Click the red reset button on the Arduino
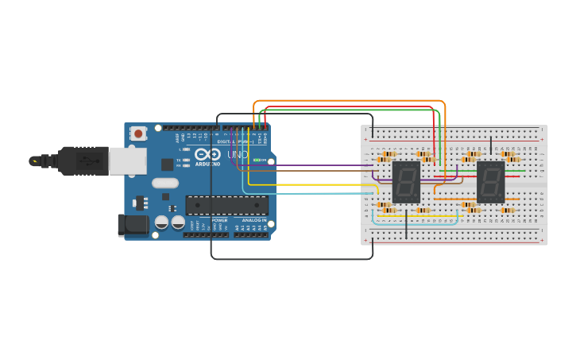coord(138,134)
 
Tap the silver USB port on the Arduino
coord(127,161)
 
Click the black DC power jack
coord(132,225)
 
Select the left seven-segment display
coord(406,182)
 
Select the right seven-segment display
coord(490,182)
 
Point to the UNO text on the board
coord(238,154)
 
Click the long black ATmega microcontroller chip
coord(226,205)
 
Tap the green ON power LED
coord(256,161)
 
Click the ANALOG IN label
coord(254,220)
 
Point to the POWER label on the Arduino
coord(219,220)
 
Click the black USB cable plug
coord(83,161)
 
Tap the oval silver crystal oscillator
coord(165,184)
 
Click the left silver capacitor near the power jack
coord(161,223)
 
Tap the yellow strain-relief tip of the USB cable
coord(34,161)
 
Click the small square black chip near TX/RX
coord(168,165)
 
